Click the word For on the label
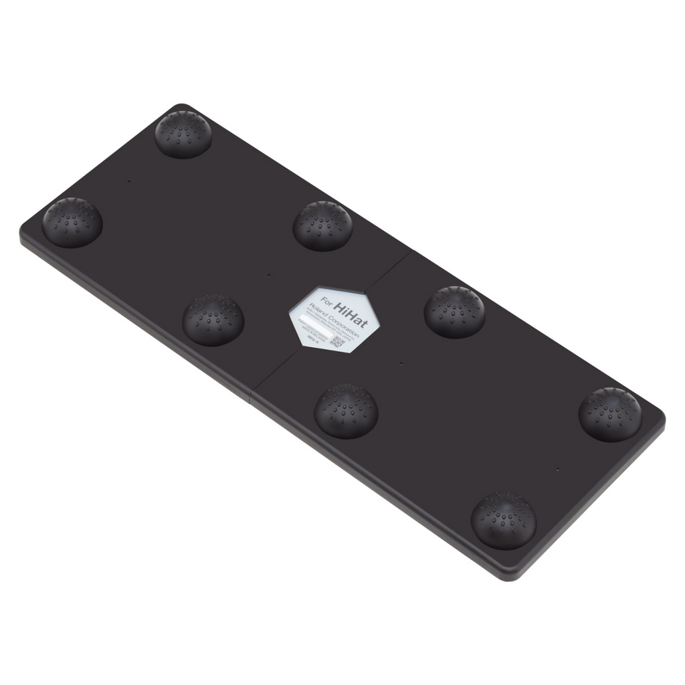point(326,299)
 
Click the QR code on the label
point(338,343)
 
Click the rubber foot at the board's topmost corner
point(183,134)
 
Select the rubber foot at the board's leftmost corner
point(72,222)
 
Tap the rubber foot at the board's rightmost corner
point(609,413)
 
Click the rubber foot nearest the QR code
point(346,411)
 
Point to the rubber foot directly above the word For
point(322,225)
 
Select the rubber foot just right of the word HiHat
point(454,311)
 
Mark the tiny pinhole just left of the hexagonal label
point(268,274)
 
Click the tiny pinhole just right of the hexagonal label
point(401,364)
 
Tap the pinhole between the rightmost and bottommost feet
point(557,469)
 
